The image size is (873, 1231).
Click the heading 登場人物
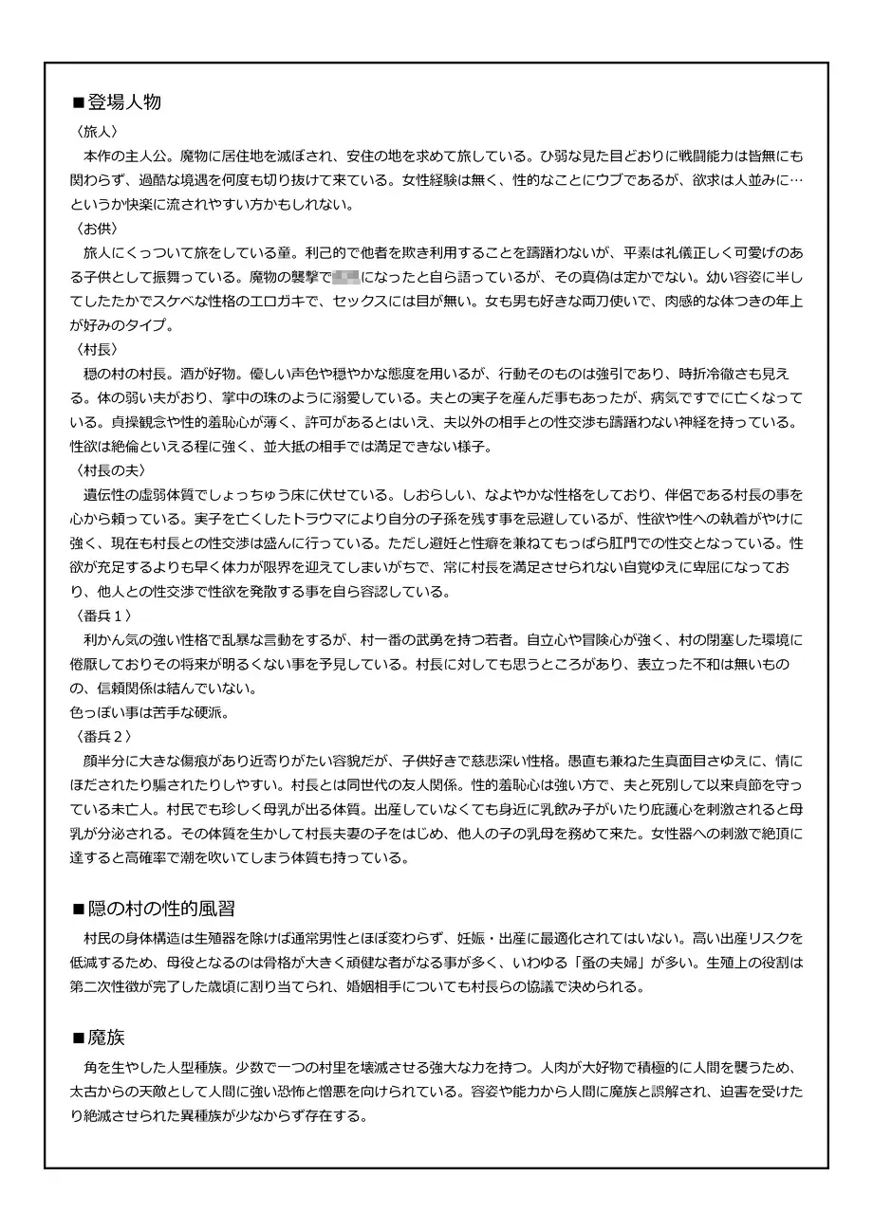pyautogui.click(x=123, y=102)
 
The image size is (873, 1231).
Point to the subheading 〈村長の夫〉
pyautogui.click(x=109, y=470)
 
